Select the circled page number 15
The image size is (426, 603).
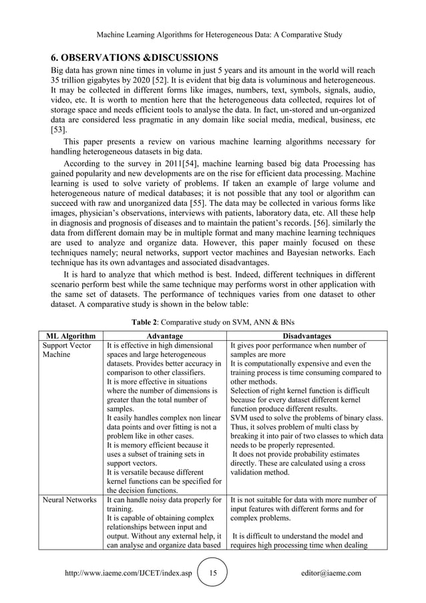tap(212, 573)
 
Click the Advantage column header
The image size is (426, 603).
tap(164, 336)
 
